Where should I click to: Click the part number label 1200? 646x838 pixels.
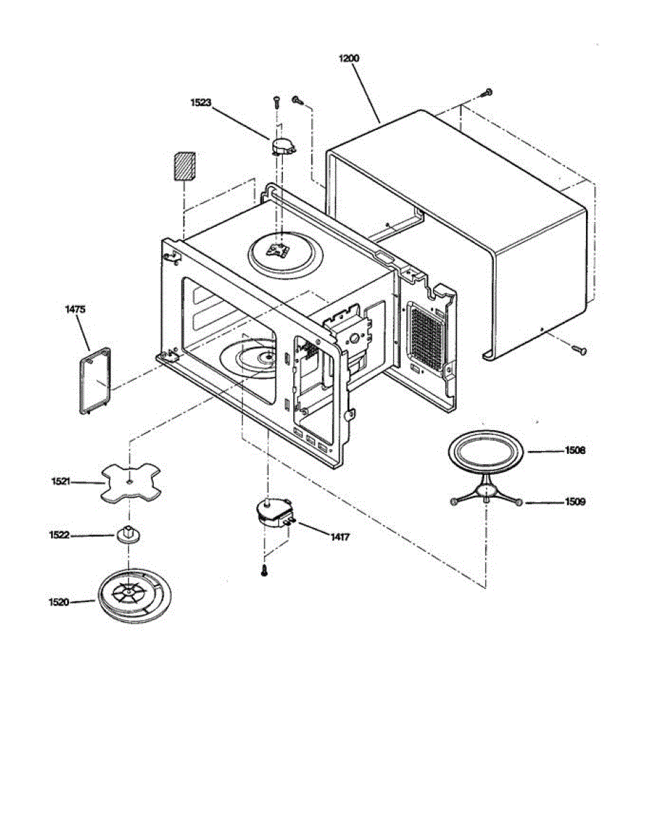pos(348,59)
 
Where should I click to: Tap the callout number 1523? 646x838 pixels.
pos(200,102)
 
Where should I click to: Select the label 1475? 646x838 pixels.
pos(77,308)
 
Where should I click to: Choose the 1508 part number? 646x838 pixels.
pos(575,450)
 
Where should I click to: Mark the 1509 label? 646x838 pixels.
pos(575,501)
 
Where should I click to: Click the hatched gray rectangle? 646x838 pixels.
pos(184,165)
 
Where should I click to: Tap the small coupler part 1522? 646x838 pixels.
pos(128,535)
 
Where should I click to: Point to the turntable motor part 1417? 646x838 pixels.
pos(272,515)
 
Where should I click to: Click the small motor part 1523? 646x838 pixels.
pos(282,145)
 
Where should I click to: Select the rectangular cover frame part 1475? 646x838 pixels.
pos(94,381)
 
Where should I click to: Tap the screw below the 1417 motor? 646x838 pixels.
pos(264,570)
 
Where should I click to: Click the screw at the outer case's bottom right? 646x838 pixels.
pos(579,349)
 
